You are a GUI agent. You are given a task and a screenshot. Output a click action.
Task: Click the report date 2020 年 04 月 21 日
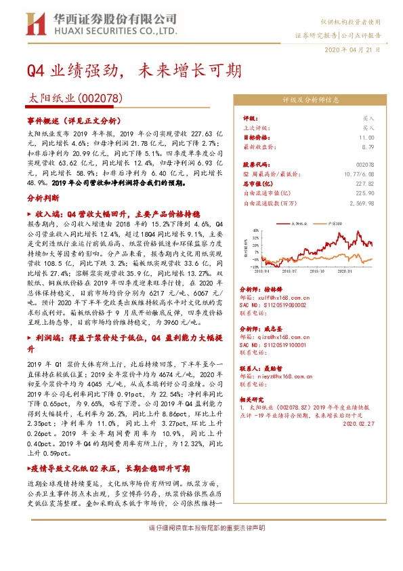354,50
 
